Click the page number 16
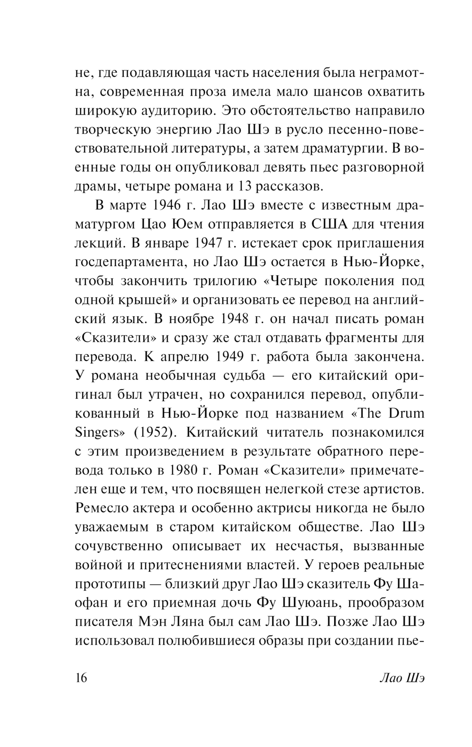[81, 678]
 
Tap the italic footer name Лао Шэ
[402, 678]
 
